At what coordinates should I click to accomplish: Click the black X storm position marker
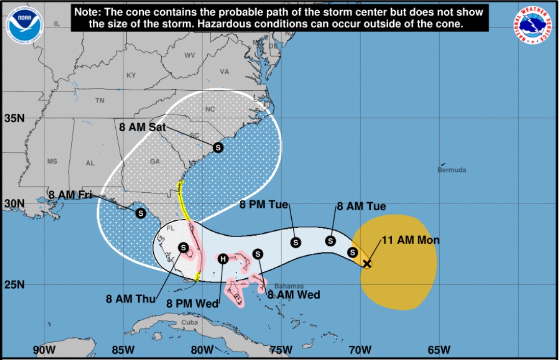pos(367,264)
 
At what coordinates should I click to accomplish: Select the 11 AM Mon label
pos(410,240)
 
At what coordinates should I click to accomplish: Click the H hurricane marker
pos(223,259)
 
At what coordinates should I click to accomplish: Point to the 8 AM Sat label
pos(142,127)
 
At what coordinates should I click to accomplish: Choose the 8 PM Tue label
pos(264,205)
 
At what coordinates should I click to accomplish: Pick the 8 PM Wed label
pos(192,304)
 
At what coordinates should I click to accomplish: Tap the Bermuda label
pos(451,170)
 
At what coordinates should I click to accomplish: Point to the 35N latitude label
pos(14,119)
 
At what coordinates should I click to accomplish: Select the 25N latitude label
pos(14,284)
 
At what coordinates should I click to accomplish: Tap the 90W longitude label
pos(44,350)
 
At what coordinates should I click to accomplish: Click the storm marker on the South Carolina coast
pos(218,147)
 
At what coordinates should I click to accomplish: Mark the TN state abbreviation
pos(100,100)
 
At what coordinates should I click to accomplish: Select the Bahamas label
pos(289,286)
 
